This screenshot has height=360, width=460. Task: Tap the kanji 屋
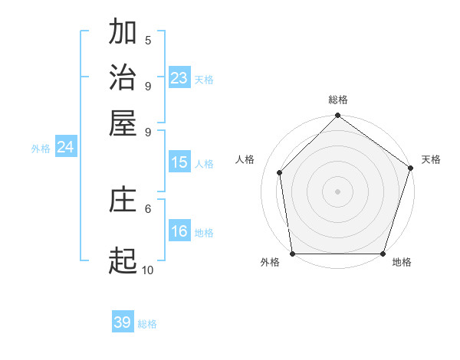(123, 123)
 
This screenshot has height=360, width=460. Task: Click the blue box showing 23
(179, 78)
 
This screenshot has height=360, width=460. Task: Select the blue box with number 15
(179, 162)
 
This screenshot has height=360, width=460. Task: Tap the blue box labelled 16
(179, 231)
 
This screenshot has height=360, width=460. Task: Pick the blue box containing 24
(65, 147)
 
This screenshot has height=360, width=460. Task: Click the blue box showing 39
(123, 322)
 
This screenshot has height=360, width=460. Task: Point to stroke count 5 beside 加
(148, 41)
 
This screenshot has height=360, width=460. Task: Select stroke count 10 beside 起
(147, 270)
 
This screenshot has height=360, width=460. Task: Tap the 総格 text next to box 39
(147, 324)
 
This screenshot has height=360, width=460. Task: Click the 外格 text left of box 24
(41, 149)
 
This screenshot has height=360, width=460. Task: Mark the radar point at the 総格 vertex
(337, 116)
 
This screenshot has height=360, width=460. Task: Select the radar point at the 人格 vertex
(280, 172)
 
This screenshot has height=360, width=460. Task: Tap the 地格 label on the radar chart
(402, 263)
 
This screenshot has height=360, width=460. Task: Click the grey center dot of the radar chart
(337, 191)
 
